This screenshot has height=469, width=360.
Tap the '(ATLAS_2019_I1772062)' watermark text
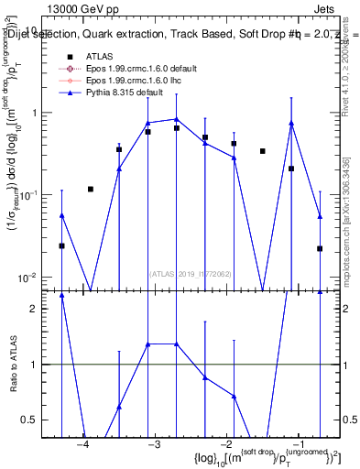[x=191, y=273]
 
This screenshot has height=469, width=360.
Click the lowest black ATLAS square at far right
[x=320, y=248]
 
